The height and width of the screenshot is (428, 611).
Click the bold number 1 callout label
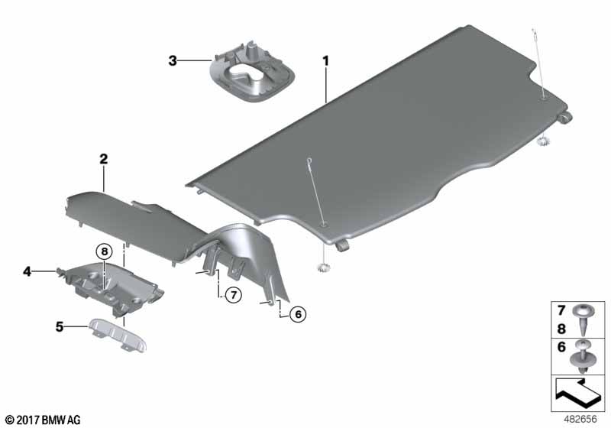(326, 61)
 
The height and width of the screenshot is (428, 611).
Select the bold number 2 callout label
(104, 159)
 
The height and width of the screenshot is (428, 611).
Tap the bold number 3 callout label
(173, 61)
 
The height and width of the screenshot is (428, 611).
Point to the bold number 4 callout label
(27, 271)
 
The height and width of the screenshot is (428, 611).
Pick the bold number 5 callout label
(60, 326)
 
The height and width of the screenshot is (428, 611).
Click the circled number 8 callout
(104, 251)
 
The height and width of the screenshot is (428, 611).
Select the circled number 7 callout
(234, 295)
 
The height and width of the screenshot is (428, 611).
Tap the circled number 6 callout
(298, 314)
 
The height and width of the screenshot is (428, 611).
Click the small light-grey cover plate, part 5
(118, 335)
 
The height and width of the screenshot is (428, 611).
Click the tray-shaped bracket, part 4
(113, 287)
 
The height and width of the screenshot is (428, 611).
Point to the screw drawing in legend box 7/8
(584, 319)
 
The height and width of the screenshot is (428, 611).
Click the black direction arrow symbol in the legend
(578, 394)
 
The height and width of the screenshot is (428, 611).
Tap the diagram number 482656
(580, 419)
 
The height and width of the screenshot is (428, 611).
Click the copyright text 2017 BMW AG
(44, 420)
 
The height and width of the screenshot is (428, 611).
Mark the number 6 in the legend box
(561, 347)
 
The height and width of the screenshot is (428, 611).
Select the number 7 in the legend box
(561, 310)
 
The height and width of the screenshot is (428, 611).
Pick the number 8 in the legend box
(561, 329)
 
